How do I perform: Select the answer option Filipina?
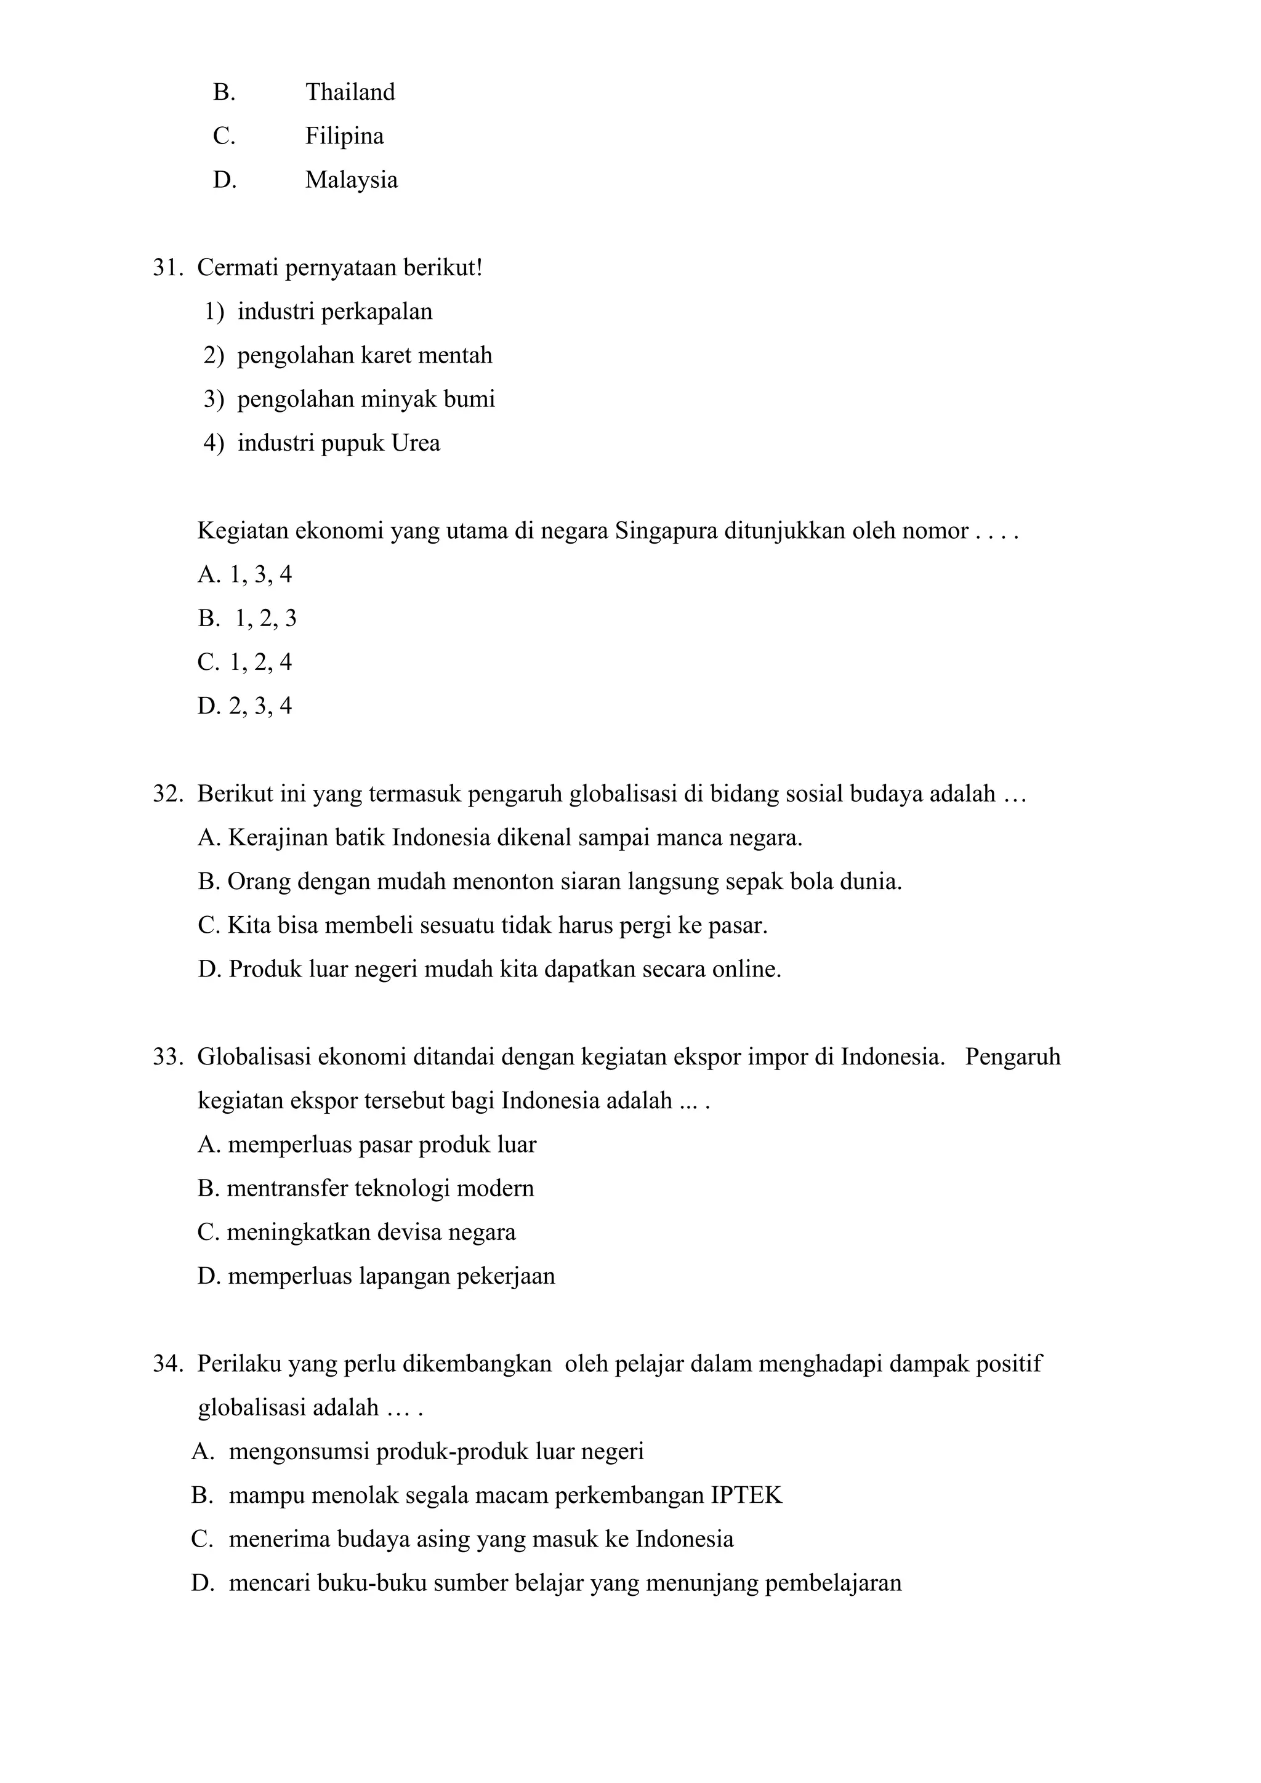coord(344,137)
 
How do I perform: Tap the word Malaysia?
coord(351,180)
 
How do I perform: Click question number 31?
coord(166,268)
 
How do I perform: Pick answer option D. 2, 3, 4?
coord(246,706)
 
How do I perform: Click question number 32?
coord(166,794)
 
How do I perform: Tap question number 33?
coord(166,1058)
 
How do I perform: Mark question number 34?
coord(166,1364)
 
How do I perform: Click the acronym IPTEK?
coord(746,1495)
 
